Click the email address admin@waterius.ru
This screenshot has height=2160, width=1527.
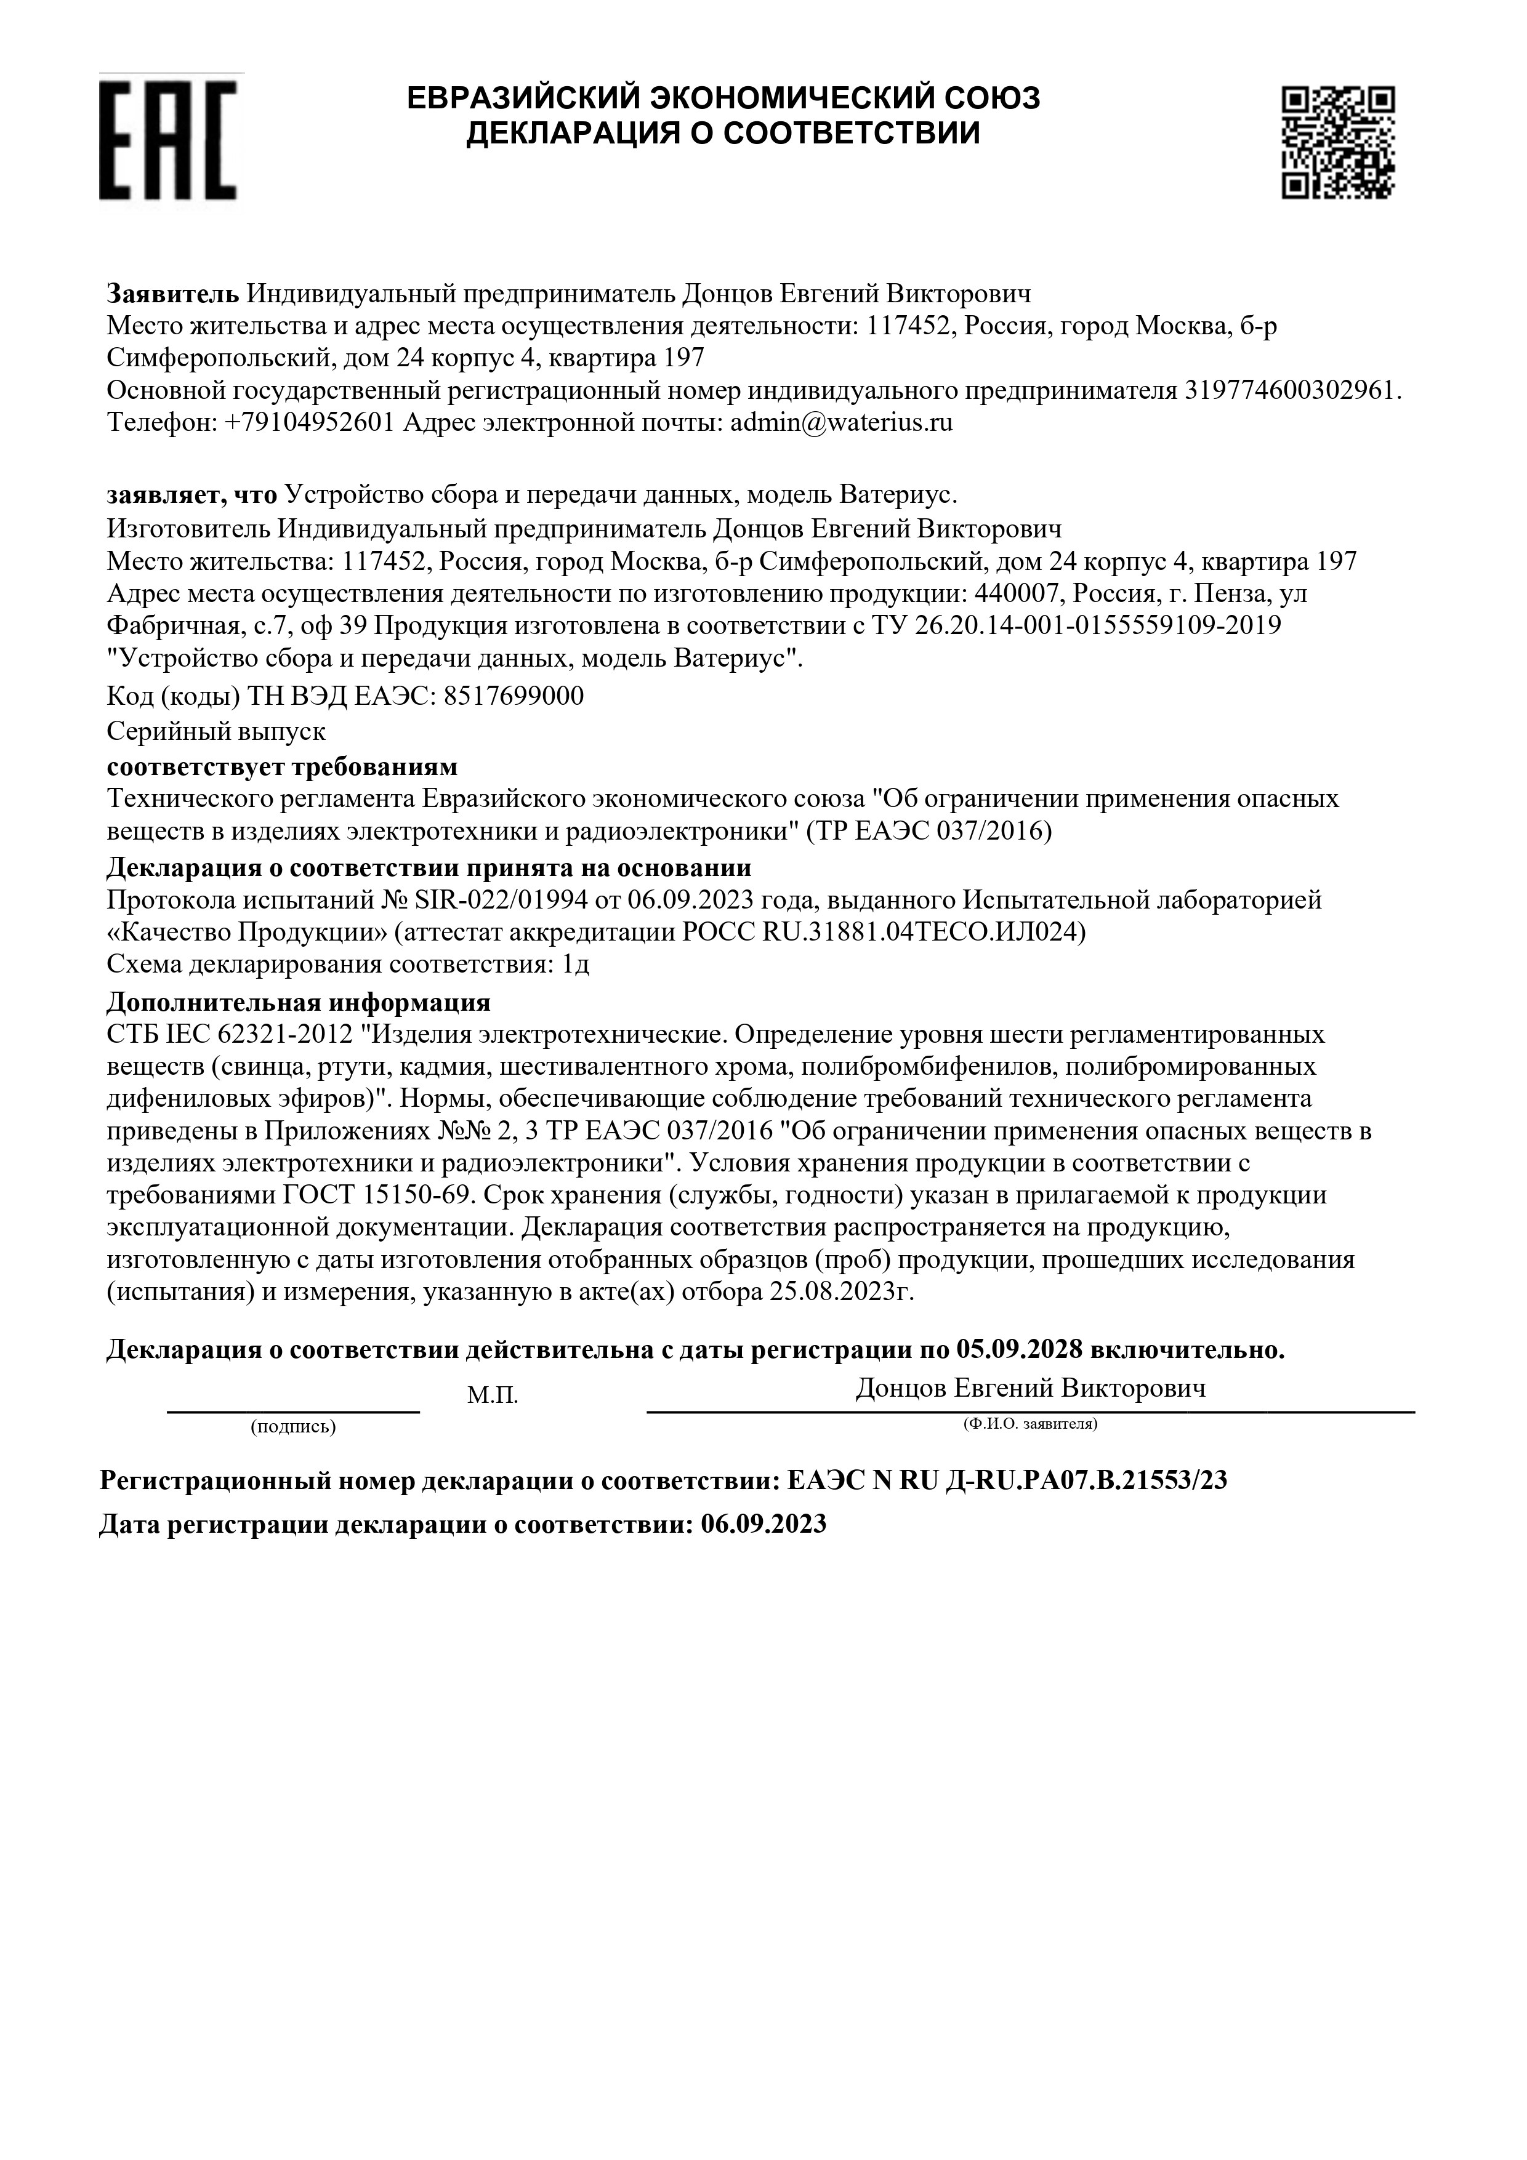(841, 422)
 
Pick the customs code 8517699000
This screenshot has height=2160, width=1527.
(513, 696)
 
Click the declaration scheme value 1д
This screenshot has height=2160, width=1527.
(576, 965)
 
